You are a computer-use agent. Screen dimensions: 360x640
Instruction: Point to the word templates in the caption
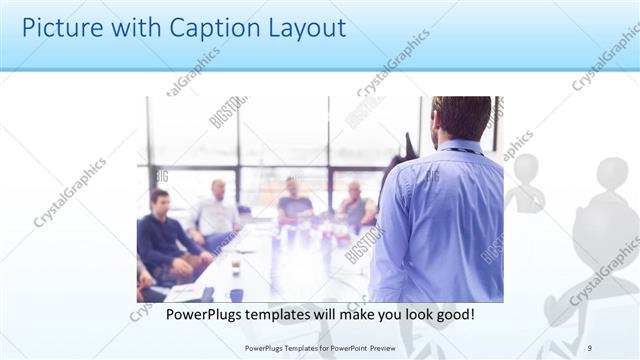coord(287,314)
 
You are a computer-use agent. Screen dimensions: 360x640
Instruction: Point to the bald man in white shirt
coord(216,210)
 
